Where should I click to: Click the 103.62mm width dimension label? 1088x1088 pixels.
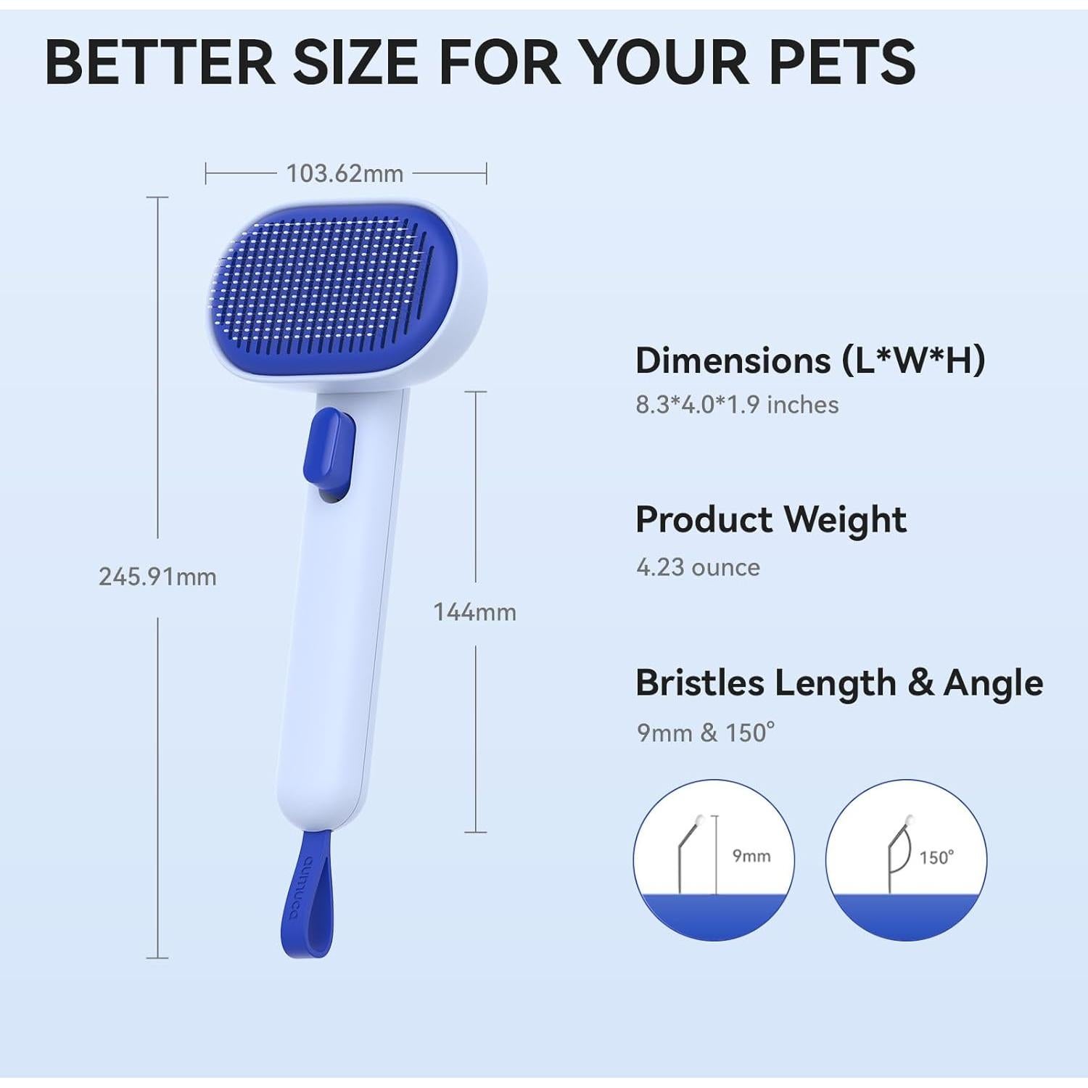coord(345,174)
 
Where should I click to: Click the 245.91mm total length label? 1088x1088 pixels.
coord(157,577)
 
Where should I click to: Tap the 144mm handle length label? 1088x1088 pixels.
coord(474,612)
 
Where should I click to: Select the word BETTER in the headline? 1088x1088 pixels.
coord(160,62)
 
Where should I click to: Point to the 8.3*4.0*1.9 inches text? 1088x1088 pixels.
coord(737,405)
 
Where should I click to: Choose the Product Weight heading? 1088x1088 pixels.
coord(770,519)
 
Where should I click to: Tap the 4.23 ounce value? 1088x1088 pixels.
coord(698,567)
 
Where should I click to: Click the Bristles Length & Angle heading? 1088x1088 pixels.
coord(839,683)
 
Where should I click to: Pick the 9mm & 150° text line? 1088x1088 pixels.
coord(705,733)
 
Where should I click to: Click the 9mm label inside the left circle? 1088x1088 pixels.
coord(751,856)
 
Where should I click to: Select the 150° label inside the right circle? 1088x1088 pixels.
coord(936,858)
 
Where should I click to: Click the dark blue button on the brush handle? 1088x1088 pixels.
coord(330,450)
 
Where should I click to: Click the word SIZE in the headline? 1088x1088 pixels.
coord(355,62)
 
